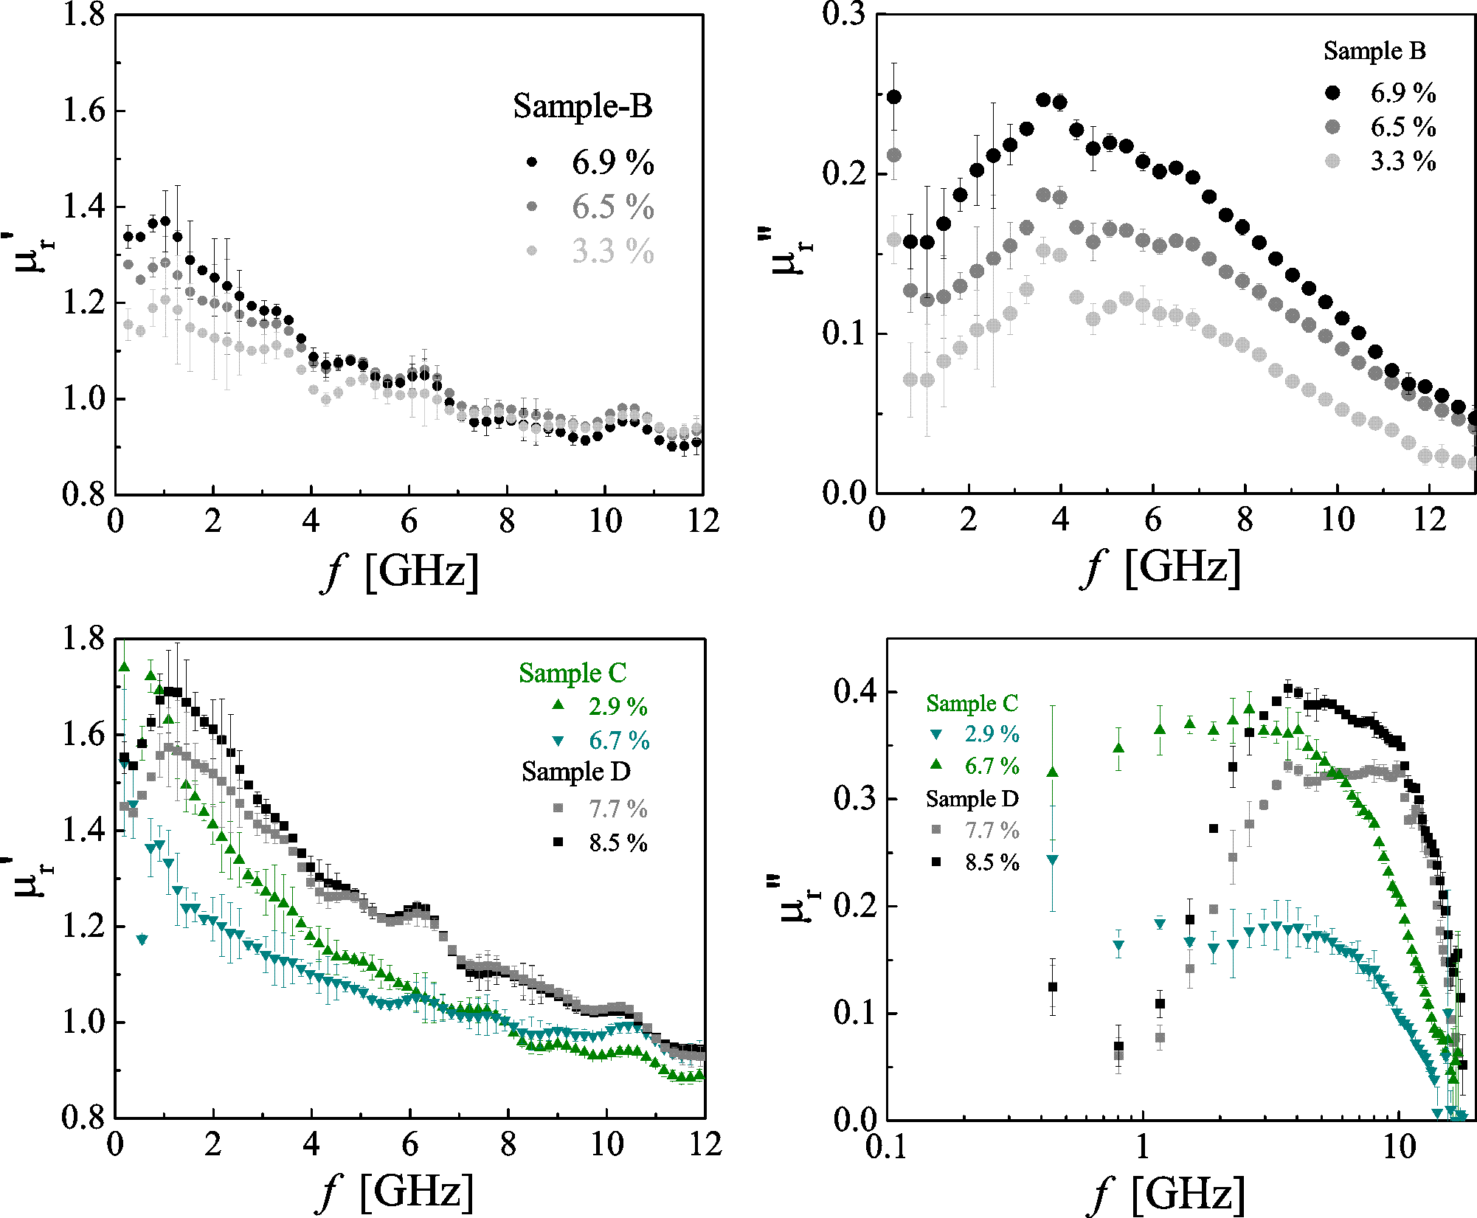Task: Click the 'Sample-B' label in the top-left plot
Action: coord(582,106)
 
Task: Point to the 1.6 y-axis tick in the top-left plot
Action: coord(83,111)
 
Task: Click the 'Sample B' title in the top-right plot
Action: coord(1374,51)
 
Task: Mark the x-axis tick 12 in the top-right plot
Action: coord(1429,520)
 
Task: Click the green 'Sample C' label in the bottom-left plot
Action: coord(573,674)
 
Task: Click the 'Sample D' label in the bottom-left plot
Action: coord(575,772)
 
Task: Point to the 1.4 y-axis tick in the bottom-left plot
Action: coord(83,831)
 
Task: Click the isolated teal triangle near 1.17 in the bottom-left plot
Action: coord(142,940)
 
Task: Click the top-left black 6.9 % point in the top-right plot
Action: coord(893,97)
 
